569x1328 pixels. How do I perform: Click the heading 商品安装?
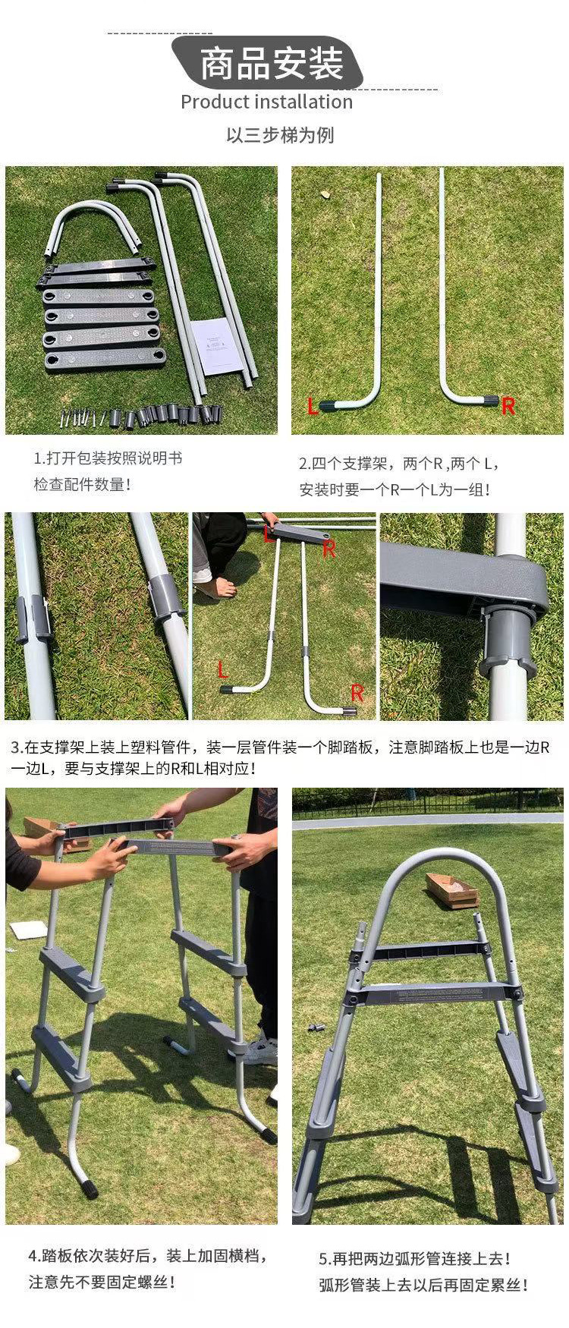(x=272, y=64)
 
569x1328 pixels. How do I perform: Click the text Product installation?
(x=266, y=102)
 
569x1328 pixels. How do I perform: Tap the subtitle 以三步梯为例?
(x=280, y=135)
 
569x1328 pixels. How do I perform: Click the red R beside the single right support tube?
(x=508, y=406)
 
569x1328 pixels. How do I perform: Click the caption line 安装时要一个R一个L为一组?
(x=395, y=489)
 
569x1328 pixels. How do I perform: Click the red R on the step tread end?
(x=329, y=549)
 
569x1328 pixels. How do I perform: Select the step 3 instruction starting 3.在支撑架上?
(x=280, y=758)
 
